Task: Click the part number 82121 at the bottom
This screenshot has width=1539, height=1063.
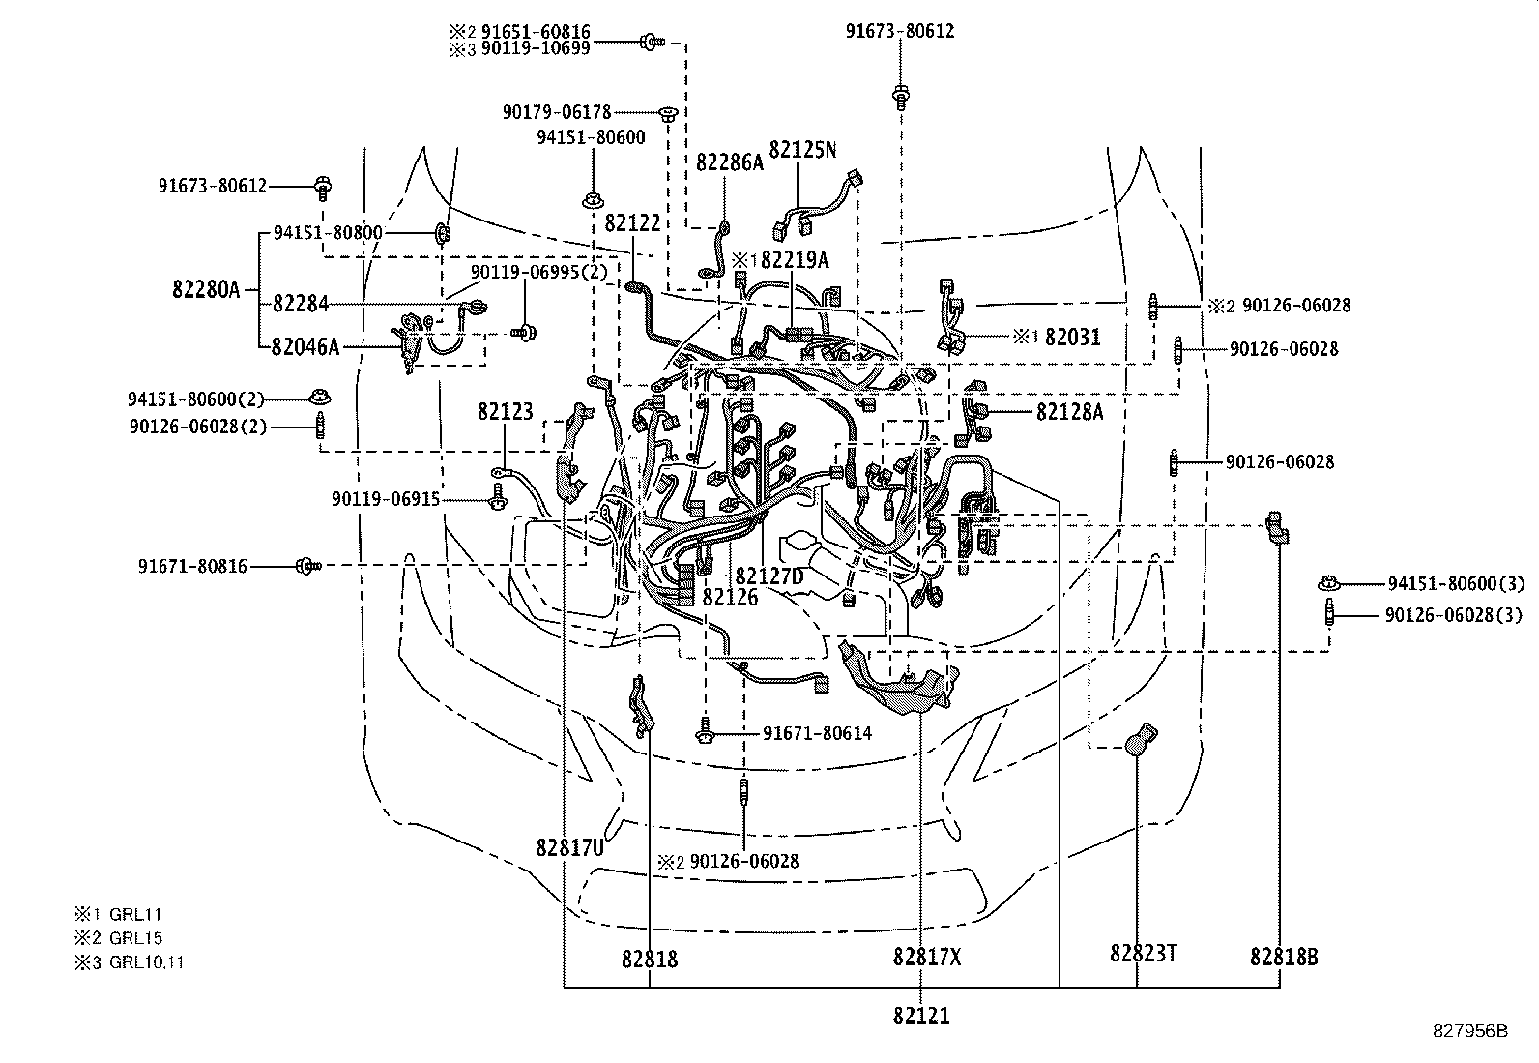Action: [920, 1017]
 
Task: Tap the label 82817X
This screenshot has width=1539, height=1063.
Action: [927, 958]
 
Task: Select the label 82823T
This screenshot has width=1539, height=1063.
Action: [1143, 954]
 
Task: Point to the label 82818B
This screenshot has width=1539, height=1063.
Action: [1283, 958]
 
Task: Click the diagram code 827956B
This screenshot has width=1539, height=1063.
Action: [1469, 1031]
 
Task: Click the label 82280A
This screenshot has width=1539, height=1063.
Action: [206, 289]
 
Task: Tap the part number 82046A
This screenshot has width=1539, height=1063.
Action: [305, 346]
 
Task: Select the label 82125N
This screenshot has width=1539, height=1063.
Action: [802, 150]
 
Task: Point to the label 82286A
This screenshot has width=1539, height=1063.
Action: [730, 162]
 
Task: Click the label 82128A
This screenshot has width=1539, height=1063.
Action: [1069, 412]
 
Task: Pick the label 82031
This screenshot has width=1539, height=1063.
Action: [1073, 337]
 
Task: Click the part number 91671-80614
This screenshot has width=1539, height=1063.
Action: [817, 734]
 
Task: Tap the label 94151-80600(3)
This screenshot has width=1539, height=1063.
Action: [1456, 583]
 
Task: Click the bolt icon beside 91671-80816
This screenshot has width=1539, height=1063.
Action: [306, 565]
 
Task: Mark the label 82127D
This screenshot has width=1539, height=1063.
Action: [769, 577]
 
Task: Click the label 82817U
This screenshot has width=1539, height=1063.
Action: [569, 848]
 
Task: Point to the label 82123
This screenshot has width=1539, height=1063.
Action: [505, 413]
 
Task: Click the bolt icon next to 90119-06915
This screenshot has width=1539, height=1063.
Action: [497, 499]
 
